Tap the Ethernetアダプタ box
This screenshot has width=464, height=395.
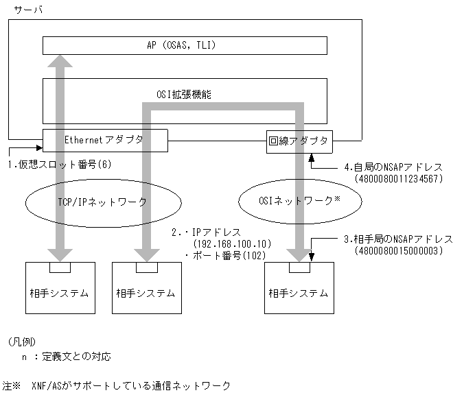(104, 140)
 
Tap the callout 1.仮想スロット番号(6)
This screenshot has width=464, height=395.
(59, 165)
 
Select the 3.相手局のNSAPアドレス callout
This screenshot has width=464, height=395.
(397, 239)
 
